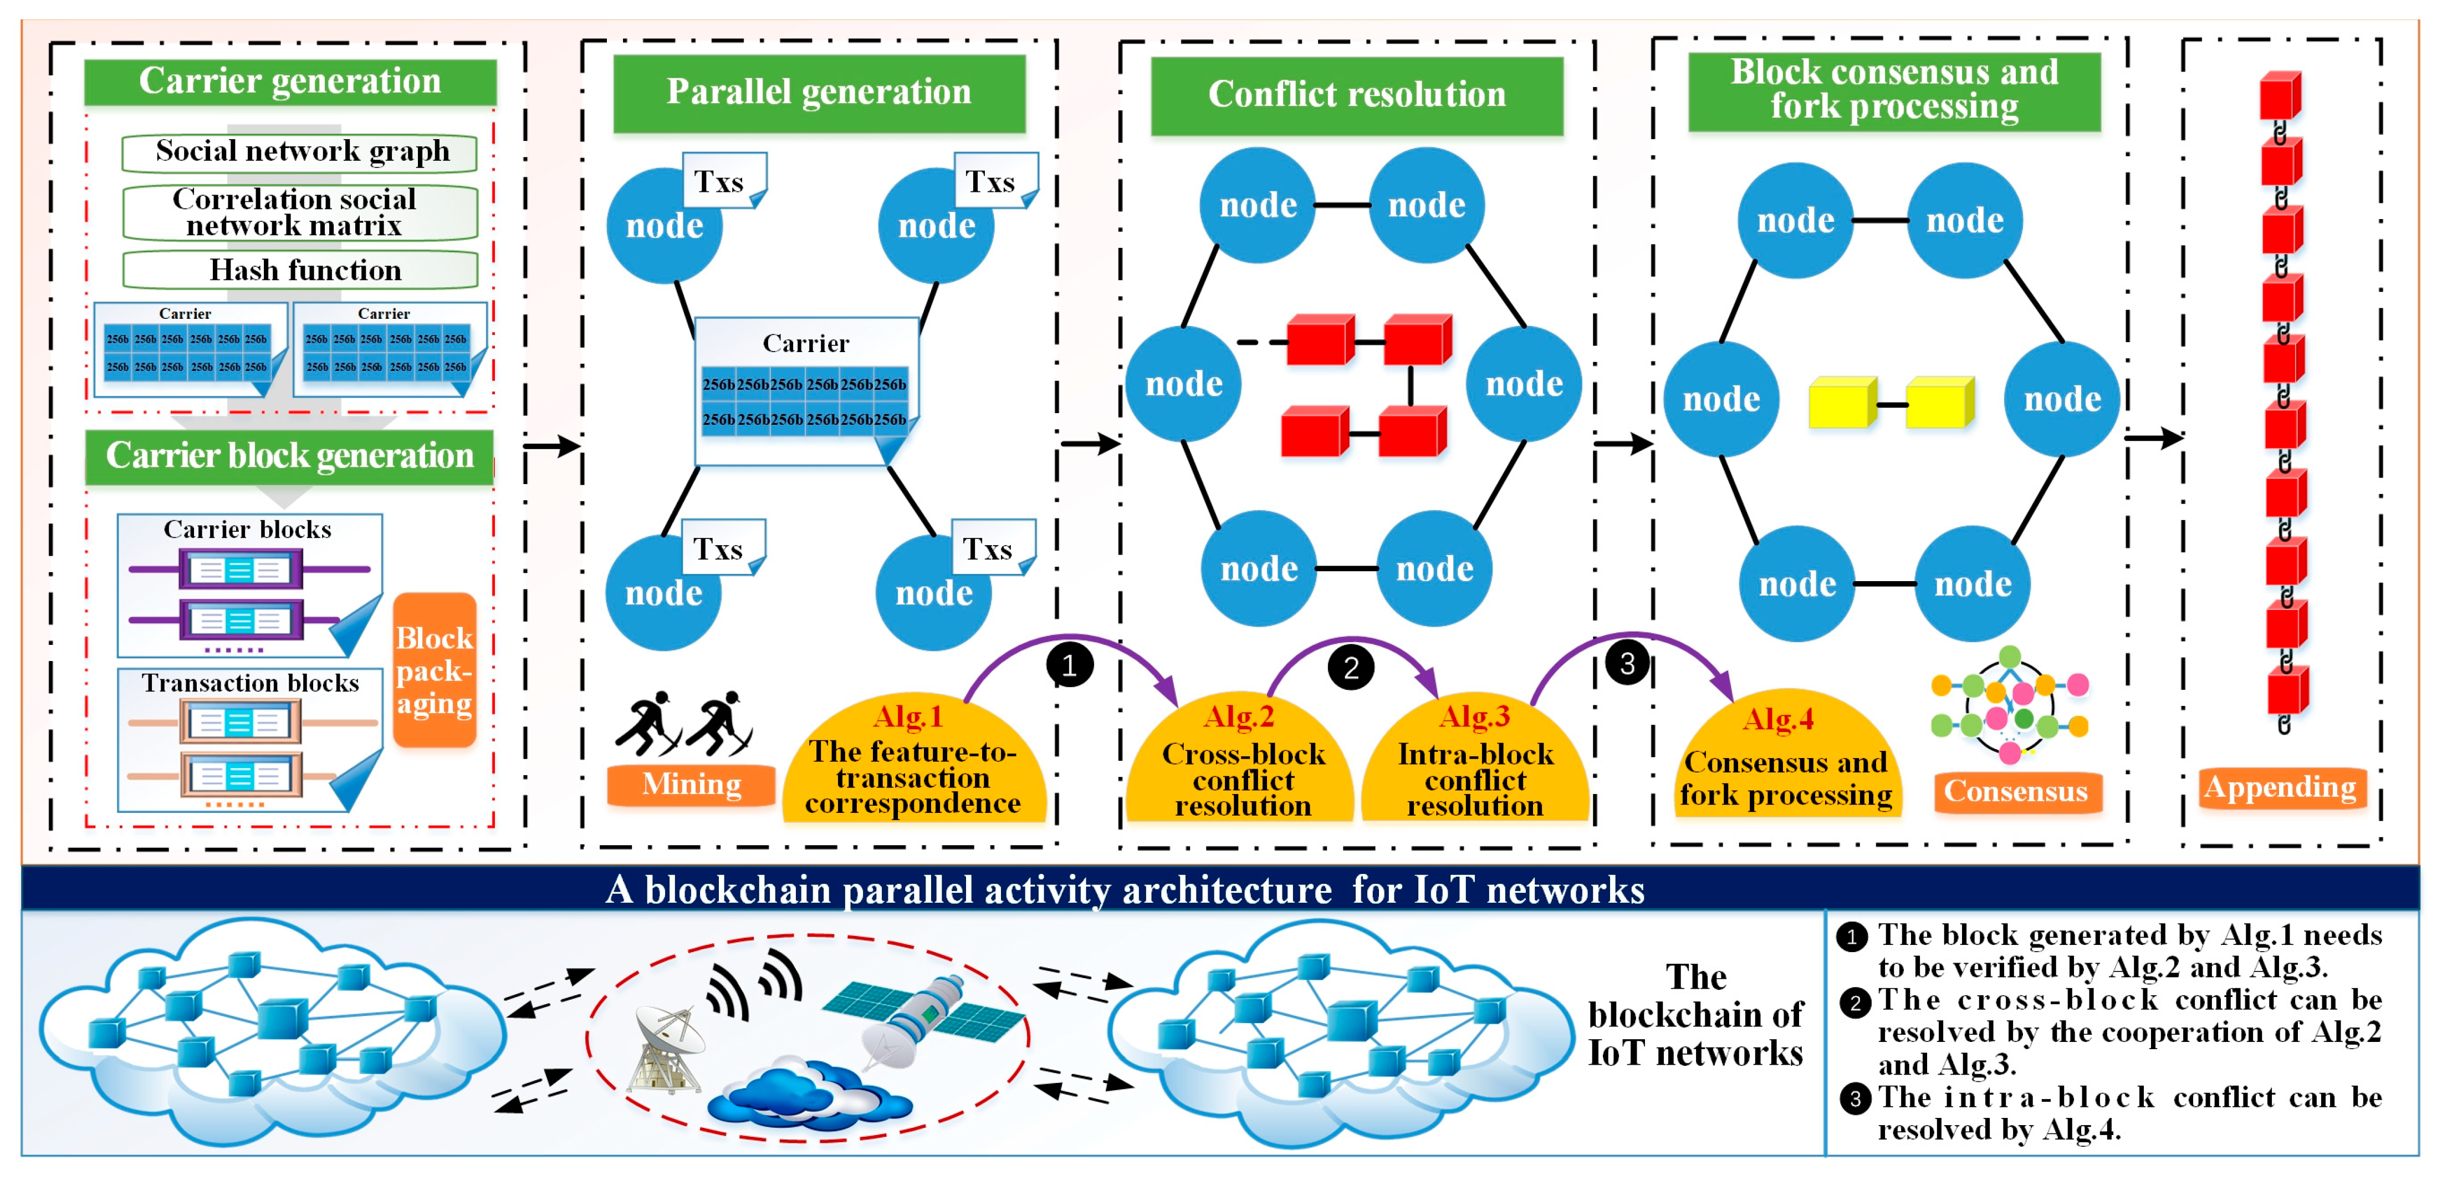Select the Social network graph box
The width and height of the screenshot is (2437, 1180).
click(301, 152)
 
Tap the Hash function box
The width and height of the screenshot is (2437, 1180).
click(301, 271)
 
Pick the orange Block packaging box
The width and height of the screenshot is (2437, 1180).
click(434, 670)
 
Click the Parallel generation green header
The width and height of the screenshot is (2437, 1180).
click(819, 93)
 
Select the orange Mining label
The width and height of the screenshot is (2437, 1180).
click(692, 785)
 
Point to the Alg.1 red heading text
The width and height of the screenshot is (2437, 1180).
click(908, 716)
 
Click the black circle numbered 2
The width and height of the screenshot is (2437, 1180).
click(1351, 668)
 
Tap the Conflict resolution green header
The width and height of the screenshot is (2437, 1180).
click(1357, 95)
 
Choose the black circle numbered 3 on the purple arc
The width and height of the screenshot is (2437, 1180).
click(1627, 663)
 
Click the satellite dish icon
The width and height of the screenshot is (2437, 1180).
click(670, 1046)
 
